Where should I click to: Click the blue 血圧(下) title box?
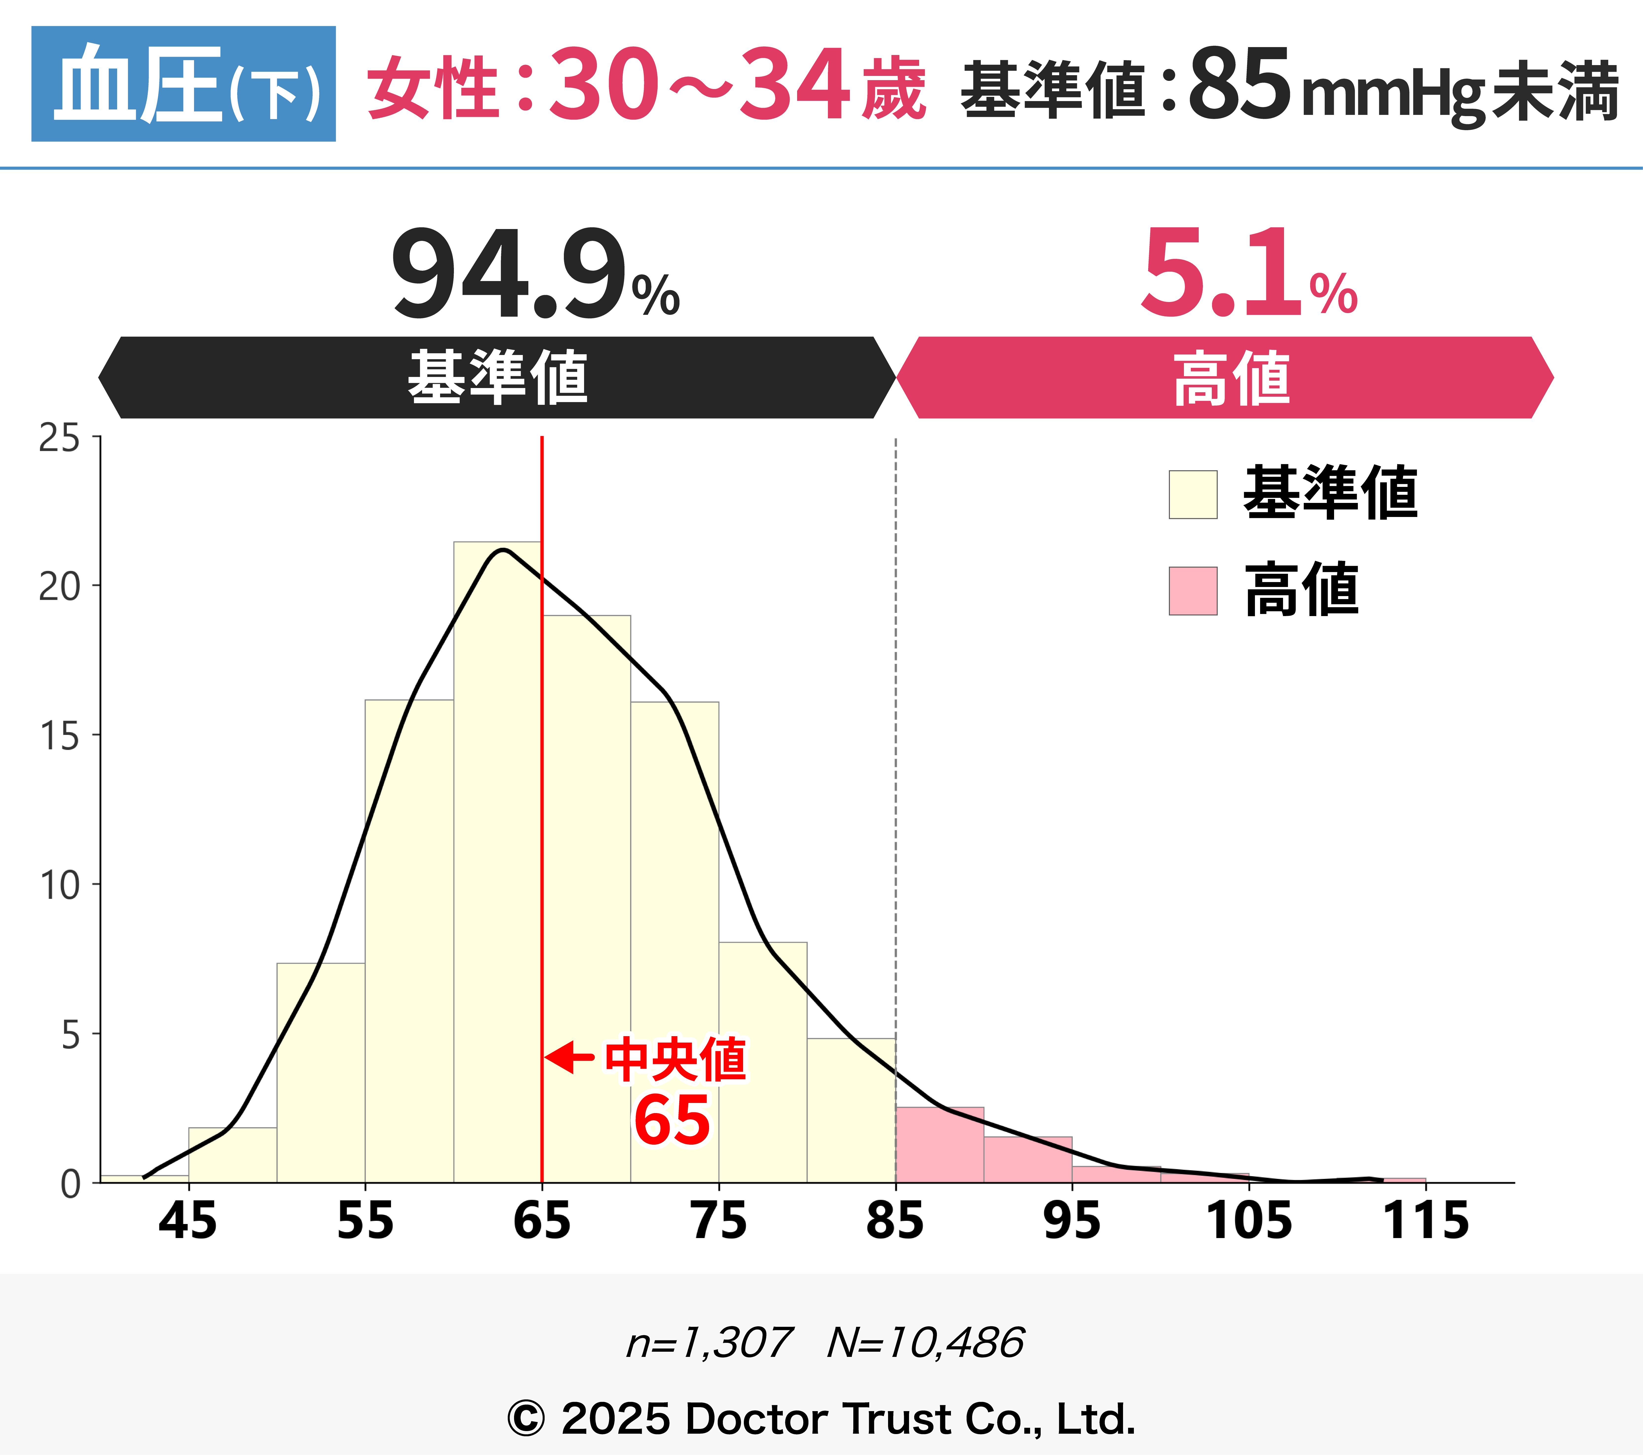click(183, 84)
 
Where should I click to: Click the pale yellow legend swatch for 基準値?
click(1193, 494)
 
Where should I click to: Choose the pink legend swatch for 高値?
click(1193, 591)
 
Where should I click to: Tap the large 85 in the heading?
click(1239, 84)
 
